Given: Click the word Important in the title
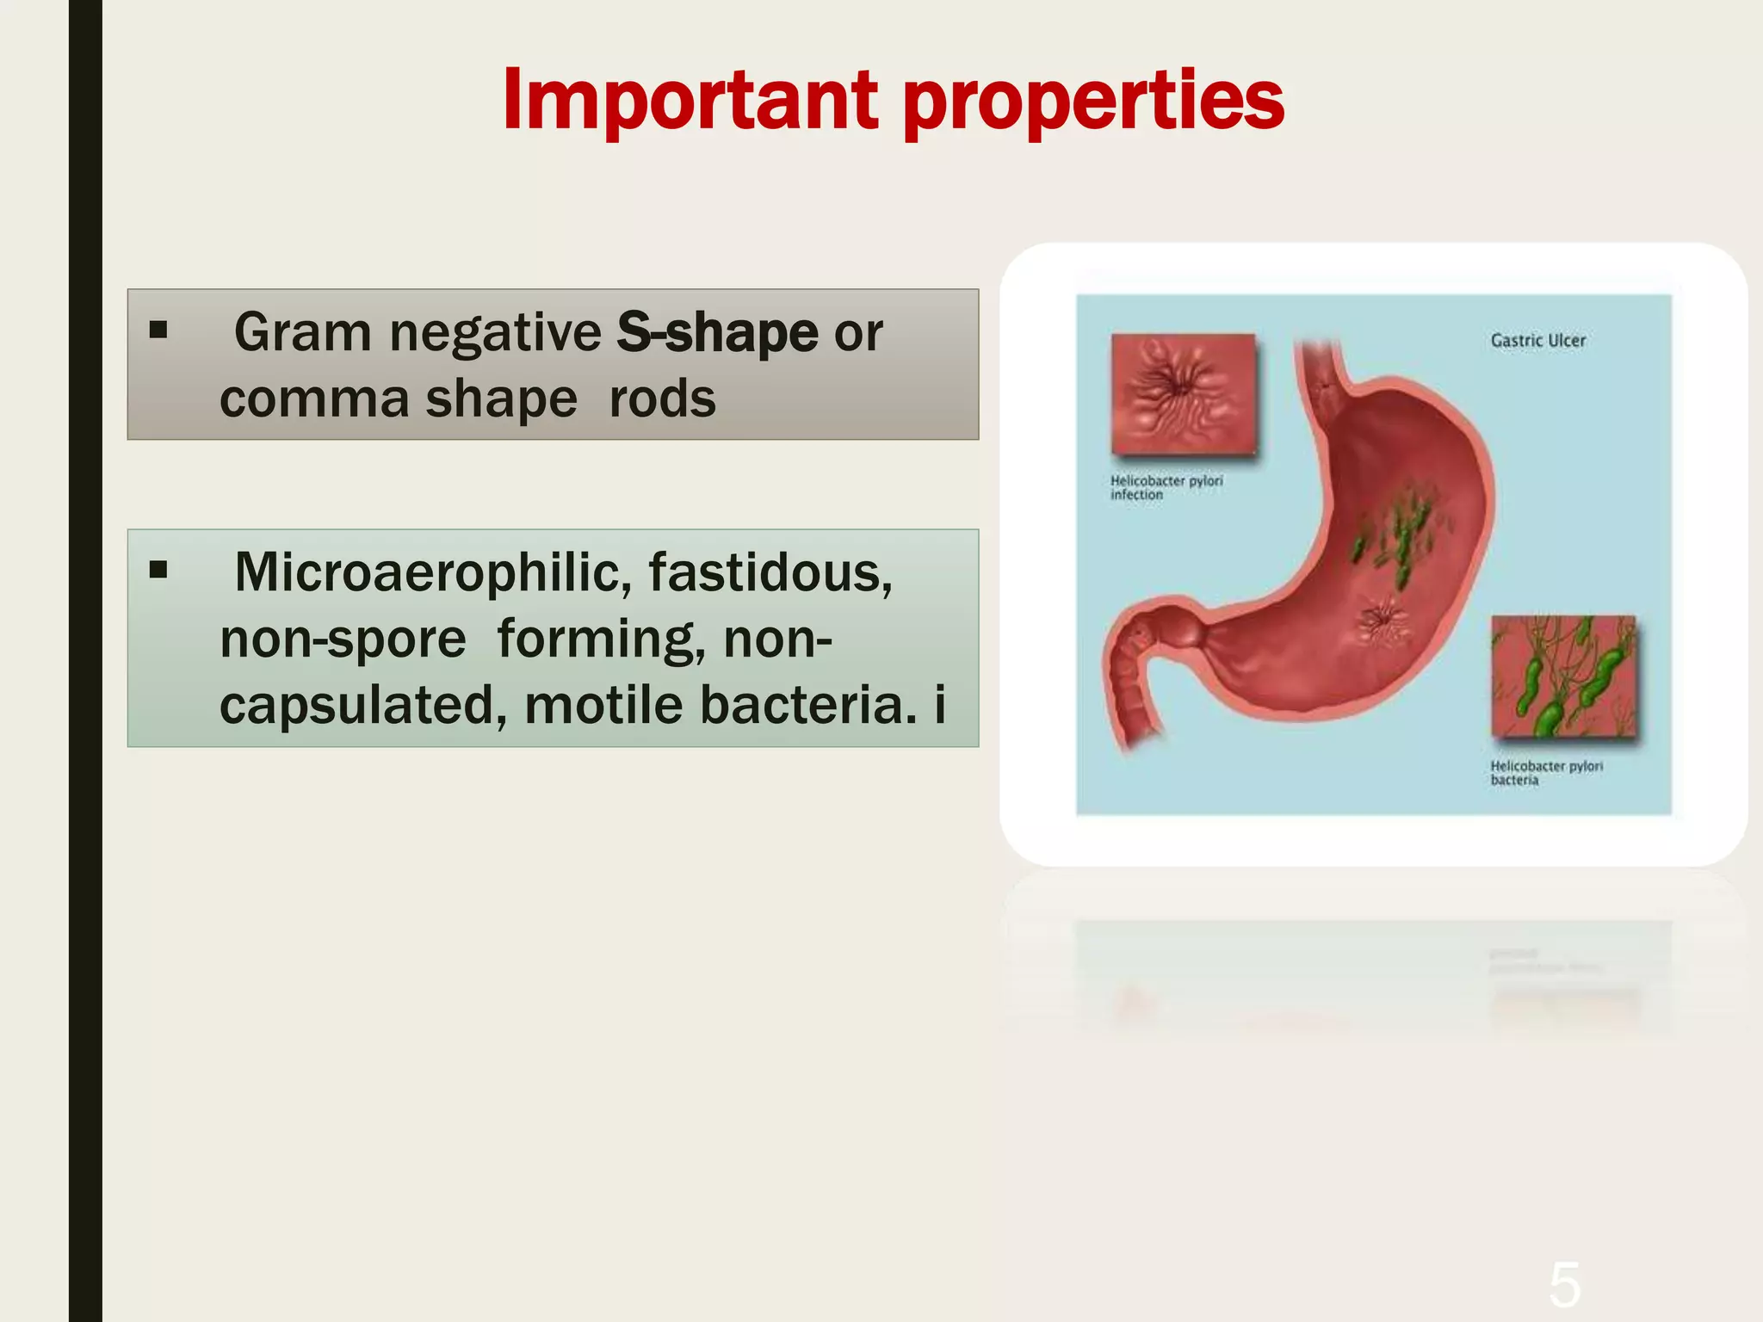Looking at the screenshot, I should point(690,101).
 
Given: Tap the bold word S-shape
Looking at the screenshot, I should point(716,332).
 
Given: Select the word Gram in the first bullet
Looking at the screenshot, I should point(302,332).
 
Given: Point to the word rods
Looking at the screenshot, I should point(662,399).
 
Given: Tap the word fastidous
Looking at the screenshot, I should point(770,572).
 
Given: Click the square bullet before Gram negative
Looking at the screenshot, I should point(158,330).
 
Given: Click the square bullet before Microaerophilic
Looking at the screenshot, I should point(158,569).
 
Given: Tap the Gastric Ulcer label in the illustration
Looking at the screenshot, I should point(1537,341).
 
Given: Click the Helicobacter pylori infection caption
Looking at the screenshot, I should point(1166,488).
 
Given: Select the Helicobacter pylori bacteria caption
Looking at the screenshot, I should point(1546,773).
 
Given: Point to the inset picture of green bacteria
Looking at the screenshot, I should point(1562,676).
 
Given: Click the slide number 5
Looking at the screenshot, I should point(1564,1285).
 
